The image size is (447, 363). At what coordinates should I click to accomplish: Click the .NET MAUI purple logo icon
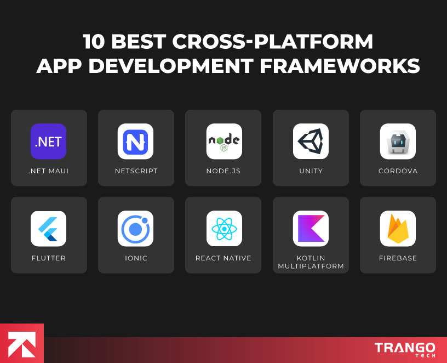click(48, 141)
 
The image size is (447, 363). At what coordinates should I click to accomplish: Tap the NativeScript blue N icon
click(135, 141)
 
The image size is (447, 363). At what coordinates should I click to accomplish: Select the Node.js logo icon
click(224, 141)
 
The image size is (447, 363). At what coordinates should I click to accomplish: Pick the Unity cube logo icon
click(311, 141)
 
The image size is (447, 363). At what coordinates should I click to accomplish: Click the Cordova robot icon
click(398, 141)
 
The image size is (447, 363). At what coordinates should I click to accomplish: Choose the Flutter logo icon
click(48, 229)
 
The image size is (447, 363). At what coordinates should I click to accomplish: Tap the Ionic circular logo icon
click(135, 229)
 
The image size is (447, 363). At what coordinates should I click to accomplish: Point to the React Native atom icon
click(224, 229)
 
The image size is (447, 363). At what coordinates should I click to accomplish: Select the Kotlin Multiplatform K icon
click(311, 229)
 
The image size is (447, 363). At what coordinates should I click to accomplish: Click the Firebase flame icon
click(398, 229)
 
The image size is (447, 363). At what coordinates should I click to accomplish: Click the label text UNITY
click(311, 171)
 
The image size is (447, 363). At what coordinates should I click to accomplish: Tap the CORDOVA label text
click(398, 171)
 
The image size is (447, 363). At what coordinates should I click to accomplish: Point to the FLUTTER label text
click(48, 258)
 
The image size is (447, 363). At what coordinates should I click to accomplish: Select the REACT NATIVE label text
click(224, 258)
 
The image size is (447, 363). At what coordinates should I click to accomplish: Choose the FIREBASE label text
click(398, 258)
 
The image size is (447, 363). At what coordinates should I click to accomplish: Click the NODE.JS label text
click(224, 171)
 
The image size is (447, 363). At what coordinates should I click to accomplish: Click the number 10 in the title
click(95, 42)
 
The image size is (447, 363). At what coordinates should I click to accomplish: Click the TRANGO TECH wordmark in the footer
click(405, 349)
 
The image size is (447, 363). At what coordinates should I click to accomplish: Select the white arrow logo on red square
click(21, 344)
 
